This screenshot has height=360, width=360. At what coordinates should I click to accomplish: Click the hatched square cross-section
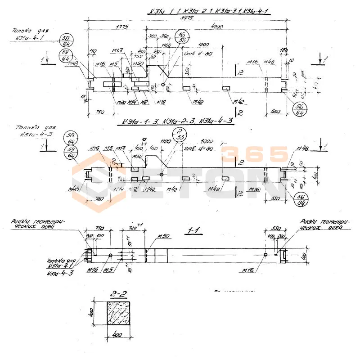coord(119,314)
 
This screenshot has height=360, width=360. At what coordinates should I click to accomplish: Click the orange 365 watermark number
coord(254,155)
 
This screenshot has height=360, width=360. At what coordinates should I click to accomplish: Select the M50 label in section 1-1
coord(162,238)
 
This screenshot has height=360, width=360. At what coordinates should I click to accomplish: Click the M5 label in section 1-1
coord(107,270)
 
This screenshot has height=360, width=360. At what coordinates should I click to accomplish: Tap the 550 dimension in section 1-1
coord(272,228)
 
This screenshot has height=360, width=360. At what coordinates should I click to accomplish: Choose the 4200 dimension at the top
coord(216,27)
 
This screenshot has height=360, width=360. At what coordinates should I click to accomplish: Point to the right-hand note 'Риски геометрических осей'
coord(323,225)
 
